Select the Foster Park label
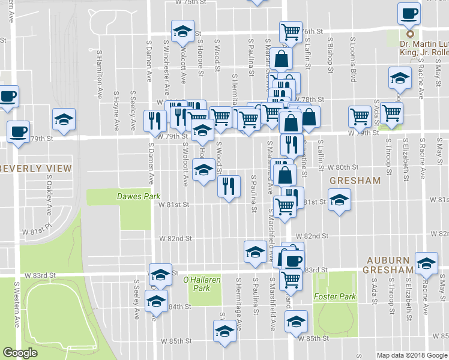tap(335, 296)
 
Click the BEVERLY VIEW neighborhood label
tap(35, 169)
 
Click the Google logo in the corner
tap(20, 353)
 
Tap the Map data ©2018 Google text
tap(412, 355)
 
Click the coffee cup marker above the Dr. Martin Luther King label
tap(409, 13)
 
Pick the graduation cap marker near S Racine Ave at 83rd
tap(427, 262)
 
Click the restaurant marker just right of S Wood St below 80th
tap(229, 186)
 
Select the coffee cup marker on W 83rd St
tap(293, 260)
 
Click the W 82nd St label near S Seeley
tap(175, 238)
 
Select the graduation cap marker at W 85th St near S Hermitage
tap(224, 331)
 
